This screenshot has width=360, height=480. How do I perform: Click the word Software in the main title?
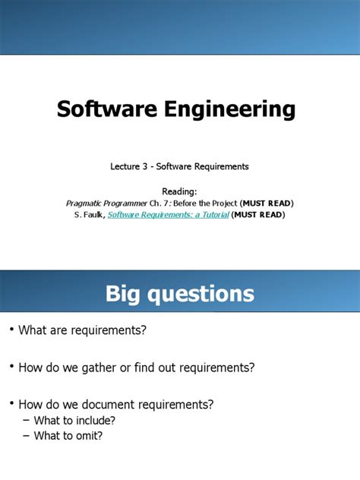point(102,110)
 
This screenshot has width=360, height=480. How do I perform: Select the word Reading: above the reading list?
point(179,191)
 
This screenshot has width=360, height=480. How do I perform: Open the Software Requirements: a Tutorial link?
point(168,215)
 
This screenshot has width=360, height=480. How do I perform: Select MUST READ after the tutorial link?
point(259,215)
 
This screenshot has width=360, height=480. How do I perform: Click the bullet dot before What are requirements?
point(11,330)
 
